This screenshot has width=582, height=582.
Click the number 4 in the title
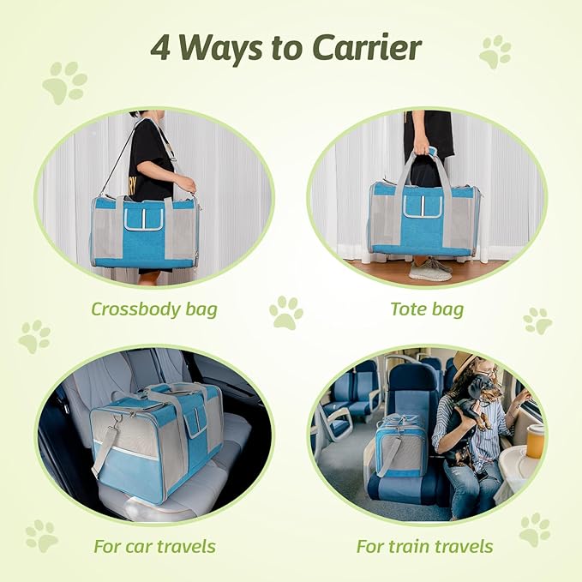click(161, 49)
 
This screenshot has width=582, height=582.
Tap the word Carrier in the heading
click(371, 49)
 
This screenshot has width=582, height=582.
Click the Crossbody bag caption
click(153, 308)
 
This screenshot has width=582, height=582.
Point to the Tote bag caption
click(428, 308)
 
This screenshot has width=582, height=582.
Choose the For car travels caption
click(155, 545)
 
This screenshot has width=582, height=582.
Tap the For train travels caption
click(426, 545)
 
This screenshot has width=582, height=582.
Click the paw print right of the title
click(495, 51)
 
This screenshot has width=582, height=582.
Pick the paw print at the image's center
click(285, 313)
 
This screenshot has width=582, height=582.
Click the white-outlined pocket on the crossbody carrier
click(143, 218)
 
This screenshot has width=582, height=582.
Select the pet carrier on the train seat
click(399, 449)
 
